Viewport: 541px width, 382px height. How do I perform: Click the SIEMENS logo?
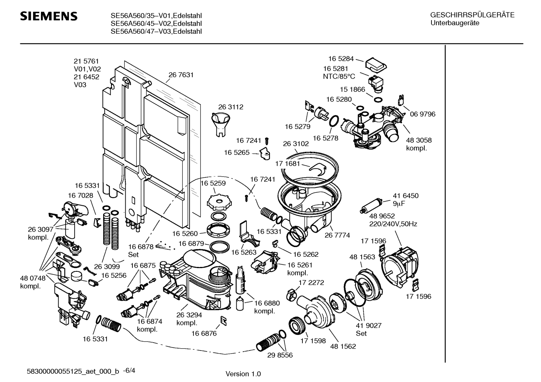(49, 16)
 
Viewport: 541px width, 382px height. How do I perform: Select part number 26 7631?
(181, 75)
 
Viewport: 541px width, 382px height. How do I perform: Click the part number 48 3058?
(419, 140)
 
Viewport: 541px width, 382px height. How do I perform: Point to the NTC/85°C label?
(339, 76)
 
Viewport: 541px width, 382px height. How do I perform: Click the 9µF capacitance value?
(399, 204)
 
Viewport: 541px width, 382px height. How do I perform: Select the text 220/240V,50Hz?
(394, 224)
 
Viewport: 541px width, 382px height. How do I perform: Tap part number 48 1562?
(343, 346)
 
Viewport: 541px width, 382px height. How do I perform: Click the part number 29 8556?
(280, 355)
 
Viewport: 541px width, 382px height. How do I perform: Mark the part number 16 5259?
(213, 183)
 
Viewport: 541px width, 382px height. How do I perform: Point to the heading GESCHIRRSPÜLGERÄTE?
(472, 15)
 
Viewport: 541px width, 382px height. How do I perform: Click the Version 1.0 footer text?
(243, 374)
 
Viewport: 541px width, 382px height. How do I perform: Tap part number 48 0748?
(33, 278)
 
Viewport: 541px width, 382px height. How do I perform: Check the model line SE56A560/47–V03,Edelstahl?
(156, 31)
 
